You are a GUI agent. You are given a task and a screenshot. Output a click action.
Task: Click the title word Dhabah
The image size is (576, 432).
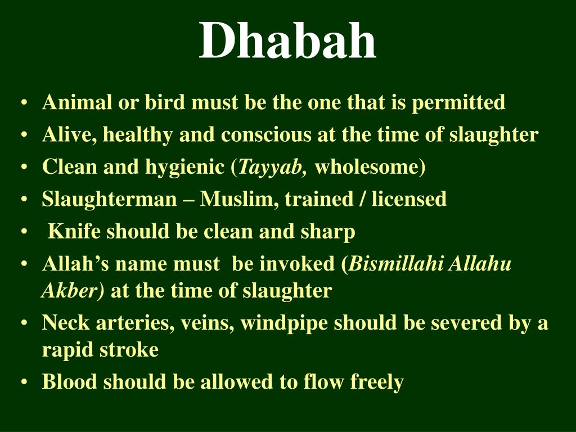(x=287, y=40)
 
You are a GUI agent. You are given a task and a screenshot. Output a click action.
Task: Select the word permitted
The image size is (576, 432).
(x=458, y=103)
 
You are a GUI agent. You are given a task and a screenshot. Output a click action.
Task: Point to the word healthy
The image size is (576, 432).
(x=138, y=135)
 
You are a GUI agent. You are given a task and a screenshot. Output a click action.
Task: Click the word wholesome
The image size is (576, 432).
(x=367, y=166)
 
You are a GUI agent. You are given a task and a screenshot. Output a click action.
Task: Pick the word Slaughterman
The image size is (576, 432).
(x=110, y=200)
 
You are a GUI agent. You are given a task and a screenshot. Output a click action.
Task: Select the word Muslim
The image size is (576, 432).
(x=238, y=200)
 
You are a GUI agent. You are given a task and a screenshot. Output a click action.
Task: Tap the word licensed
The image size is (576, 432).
(x=409, y=199)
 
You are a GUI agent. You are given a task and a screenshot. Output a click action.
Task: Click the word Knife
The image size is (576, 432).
(x=74, y=231)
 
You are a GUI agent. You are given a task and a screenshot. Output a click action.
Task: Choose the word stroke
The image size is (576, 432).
(x=129, y=349)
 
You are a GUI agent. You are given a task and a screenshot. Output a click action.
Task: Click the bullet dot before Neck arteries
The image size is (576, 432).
(x=24, y=323)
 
